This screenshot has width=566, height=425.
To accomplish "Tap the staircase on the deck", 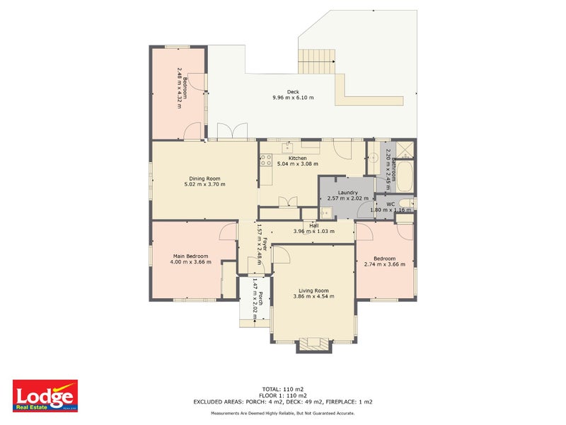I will pos(316,61).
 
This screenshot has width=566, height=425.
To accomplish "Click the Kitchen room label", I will pos(297,157).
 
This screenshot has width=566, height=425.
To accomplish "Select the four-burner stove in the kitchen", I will pos(267,160).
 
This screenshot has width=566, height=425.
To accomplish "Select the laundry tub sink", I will pos(327,212).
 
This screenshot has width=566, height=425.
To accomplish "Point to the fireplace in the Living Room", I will pos(312,344).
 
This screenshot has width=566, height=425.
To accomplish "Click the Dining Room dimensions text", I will pos(204,184).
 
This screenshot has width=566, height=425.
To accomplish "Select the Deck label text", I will pos(293,91).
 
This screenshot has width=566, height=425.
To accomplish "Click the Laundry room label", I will pos(347,192).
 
